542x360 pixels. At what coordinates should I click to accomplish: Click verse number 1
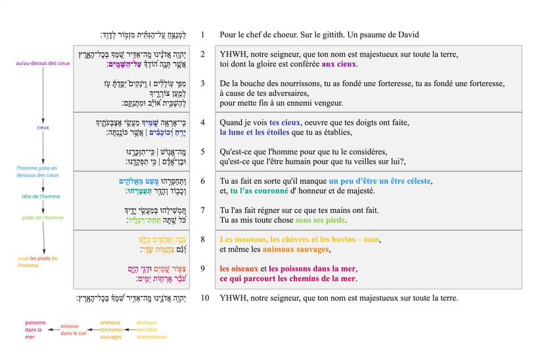pyautogui.click(x=203, y=34)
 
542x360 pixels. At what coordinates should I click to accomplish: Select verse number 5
pyautogui.click(x=203, y=151)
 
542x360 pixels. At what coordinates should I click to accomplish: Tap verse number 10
pyautogui.click(x=205, y=298)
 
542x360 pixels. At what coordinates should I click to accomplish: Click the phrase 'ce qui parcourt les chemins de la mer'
pyautogui.click(x=288, y=279)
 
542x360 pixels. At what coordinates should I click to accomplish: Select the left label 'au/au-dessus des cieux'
pyautogui.click(x=43, y=64)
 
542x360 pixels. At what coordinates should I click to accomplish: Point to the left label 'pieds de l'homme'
pyautogui.click(x=43, y=217)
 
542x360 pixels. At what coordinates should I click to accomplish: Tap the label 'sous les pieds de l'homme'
pyautogui.click(x=37, y=261)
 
